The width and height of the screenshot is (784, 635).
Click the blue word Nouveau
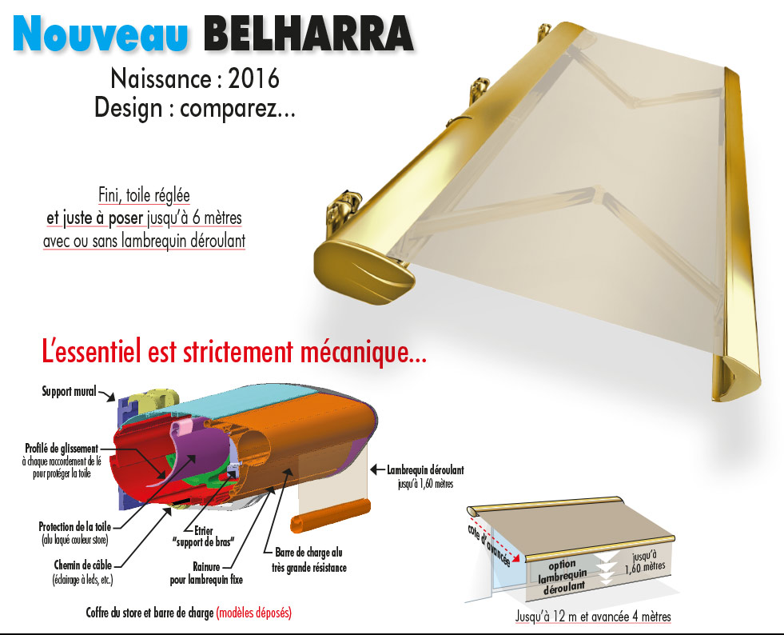click(101, 34)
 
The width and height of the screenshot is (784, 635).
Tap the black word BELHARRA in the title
click(308, 34)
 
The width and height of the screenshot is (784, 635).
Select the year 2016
click(253, 79)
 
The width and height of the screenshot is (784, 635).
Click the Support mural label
click(69, 391)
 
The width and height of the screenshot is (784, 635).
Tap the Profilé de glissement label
click(62, 449)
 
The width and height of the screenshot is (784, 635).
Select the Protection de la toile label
click(75, 526)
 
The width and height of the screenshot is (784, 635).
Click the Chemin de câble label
click(83, 565)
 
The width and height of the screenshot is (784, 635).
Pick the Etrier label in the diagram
click(204, 530)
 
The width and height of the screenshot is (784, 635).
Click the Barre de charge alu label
click(308, 553)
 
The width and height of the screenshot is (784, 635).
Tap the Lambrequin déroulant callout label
click(425, 470)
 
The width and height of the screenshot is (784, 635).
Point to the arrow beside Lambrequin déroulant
click(377, 469)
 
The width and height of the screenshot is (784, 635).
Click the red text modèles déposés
click(254, 613)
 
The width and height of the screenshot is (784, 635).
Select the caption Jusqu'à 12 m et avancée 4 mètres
click(593, 617)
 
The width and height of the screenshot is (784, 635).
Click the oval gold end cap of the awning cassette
click(364, 273)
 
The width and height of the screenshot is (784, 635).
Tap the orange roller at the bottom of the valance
click(331, 515)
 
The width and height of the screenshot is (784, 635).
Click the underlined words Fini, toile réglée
click(144, 195)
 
